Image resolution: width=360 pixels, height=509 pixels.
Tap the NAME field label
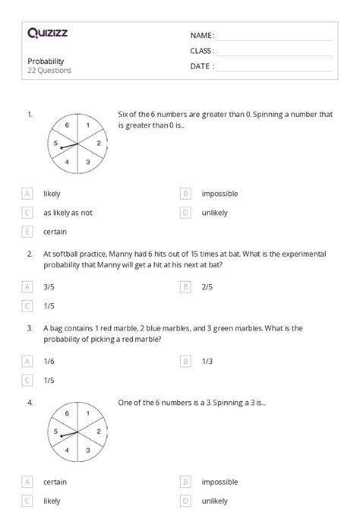202,36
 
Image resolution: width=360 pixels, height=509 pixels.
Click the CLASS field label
202,51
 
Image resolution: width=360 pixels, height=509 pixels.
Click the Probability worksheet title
46,61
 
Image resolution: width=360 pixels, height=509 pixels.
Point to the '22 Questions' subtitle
49,71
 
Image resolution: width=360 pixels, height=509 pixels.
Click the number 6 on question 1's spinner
68,125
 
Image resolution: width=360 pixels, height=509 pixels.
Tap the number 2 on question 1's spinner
99,143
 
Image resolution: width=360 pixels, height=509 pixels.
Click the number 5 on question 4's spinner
55,432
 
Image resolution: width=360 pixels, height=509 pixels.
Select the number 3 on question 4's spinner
87,450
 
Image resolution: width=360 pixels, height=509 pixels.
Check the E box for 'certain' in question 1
28,232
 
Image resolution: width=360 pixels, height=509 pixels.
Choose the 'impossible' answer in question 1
219,194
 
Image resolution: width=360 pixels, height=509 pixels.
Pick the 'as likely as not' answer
68,213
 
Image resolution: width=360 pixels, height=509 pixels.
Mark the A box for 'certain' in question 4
28,482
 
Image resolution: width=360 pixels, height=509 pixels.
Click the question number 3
30,328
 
